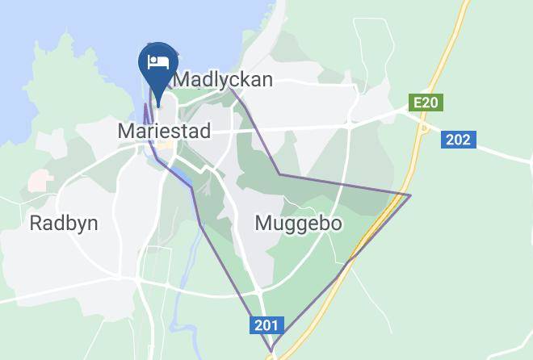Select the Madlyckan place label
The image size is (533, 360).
(x=223, y=79)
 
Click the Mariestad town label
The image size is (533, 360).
(x=164, y=130)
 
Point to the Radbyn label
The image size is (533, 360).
(x=64, y=223)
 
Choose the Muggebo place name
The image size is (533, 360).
(x=298, y=223)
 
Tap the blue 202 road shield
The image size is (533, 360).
(x=458, y=140)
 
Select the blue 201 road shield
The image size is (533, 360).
(x=266, y=326)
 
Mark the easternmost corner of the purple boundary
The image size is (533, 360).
(x=410, y=195)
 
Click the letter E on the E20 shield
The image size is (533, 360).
(x=417, y=103)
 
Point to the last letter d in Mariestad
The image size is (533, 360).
(x=205, y=130)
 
